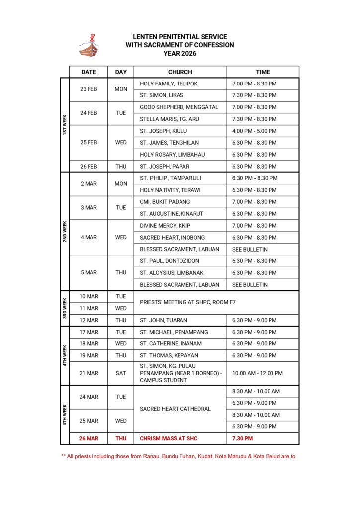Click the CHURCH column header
180,72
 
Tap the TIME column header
263,72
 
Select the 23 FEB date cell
89,89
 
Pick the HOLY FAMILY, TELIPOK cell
169,84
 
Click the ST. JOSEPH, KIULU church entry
166,131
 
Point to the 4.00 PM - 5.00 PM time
254,131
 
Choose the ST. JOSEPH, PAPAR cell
165,167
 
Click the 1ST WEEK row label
65,125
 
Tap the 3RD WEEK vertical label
65,308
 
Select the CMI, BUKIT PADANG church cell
165,202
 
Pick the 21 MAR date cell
89,373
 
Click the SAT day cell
121,373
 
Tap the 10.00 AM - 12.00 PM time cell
257,373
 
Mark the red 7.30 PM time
242,438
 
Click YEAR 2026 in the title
180,53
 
